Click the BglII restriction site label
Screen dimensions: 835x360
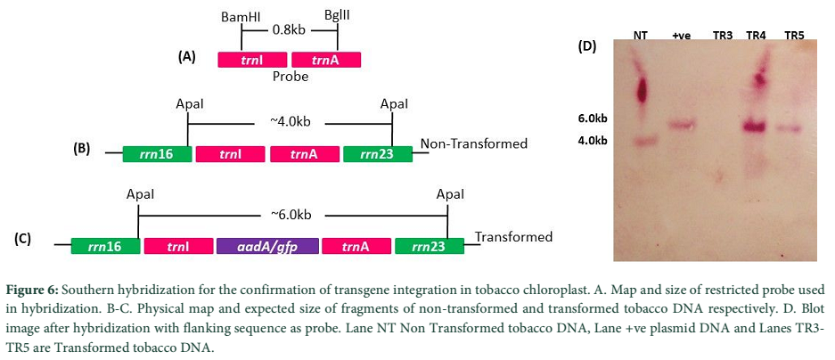tap(337, 17)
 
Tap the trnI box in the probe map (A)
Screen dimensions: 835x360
tap(252, 60)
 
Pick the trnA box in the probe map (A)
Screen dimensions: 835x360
tap(326, 60)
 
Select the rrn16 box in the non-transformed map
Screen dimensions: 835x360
tap(157, 154)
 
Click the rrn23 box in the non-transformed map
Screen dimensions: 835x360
tap(378, 154)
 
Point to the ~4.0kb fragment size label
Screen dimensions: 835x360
tap(291, 123)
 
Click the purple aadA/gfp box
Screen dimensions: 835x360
tap(268, 246)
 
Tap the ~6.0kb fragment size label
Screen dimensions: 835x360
tap(291, 215)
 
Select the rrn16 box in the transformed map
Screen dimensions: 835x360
tap(105, 246)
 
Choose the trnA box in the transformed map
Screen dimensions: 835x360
tap(356, 246)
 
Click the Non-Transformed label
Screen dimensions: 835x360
tap(474, 143)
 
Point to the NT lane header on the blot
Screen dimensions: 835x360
tap(640, 35)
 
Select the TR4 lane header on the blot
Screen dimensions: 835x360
tap(757, 35)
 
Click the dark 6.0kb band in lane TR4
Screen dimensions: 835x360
tap(754, 127)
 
